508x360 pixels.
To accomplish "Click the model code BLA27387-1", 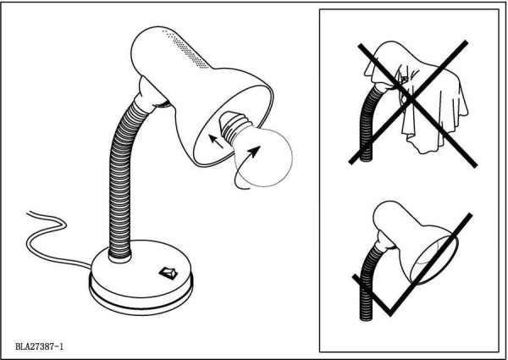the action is pos(39,346).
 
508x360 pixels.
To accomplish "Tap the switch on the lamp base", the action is pos(168,273).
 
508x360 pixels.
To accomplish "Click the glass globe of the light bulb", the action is pos(263,158).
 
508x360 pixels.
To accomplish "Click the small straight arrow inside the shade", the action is pos(216,141).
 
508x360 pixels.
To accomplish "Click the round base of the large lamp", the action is pos(141,278).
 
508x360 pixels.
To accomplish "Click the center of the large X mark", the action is pos(411,100).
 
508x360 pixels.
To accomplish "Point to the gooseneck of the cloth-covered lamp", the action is pos(367,123).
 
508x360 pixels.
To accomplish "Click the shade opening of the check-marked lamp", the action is pos(434,259).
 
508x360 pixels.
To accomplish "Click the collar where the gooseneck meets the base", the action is pos(120,258).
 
